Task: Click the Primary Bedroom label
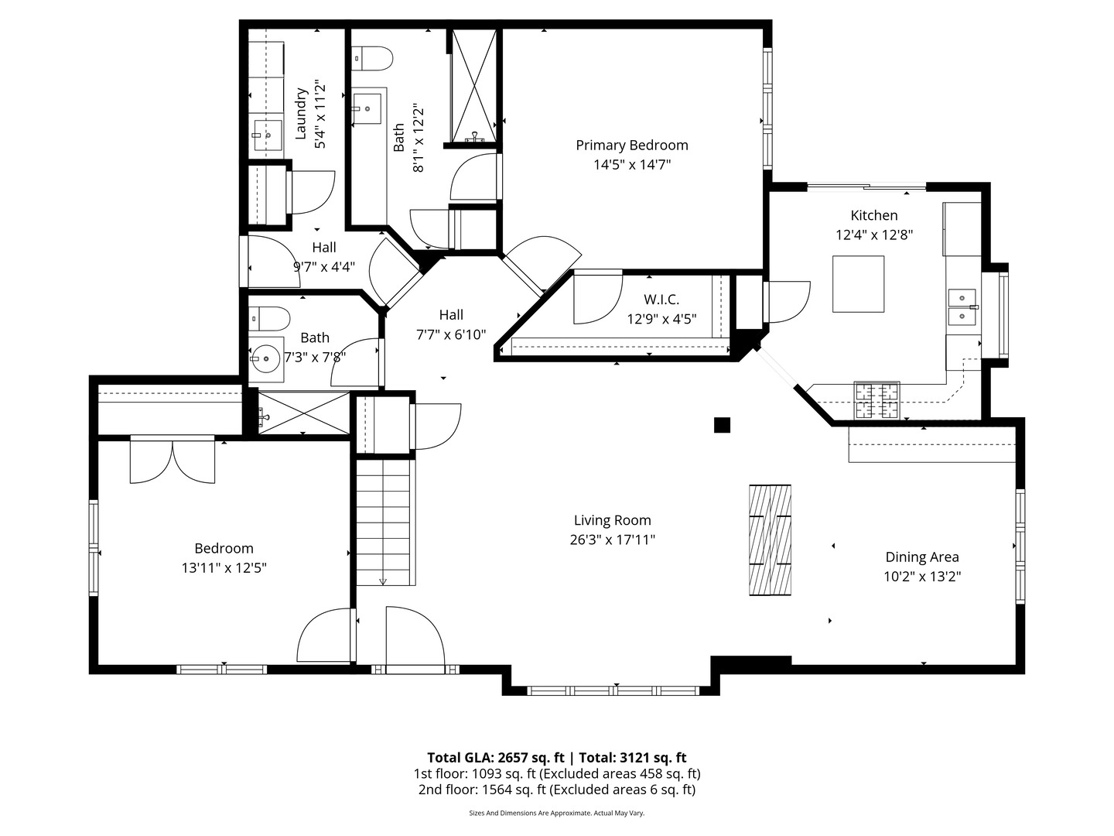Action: tap(632, 146)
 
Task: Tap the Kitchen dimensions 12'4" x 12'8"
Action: tap(874, 235)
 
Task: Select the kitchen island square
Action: tap(858, 284)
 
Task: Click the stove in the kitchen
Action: tap(877, 400)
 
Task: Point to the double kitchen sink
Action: tap(962, 307)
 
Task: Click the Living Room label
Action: tap(612, 520)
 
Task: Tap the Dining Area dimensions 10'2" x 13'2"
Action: tap(922, 577)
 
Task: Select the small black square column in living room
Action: tap(722, 425)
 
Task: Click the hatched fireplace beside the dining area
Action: tap(770, 540)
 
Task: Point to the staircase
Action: tap(383, 522)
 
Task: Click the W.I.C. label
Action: tap(661, 300)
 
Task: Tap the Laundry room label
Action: tap(301, 114)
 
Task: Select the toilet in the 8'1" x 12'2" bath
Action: tap(372, 59)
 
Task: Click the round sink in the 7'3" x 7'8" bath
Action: tap(265, 359)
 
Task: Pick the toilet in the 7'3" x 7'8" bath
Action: tap(269, 319)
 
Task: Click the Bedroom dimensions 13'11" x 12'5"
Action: tap(224, 567)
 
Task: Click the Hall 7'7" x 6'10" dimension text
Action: tap(451, 334)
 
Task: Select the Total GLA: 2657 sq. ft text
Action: tap(495, 758)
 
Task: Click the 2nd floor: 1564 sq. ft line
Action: tap(557, 790)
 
